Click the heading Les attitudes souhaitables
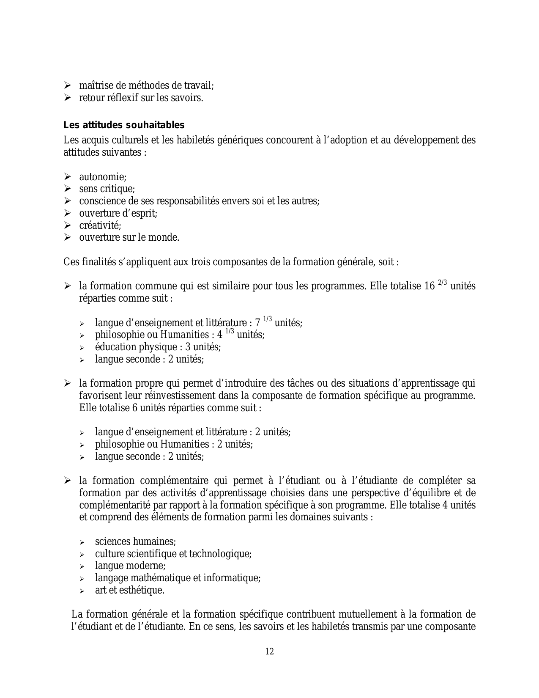point(124,125)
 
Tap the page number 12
point(269,651)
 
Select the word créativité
point(100,225)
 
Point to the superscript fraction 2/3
point(443,283)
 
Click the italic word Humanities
point(184,335)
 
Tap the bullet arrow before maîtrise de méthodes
point(67,86)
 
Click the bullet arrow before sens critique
point(67,189)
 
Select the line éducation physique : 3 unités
point(158,347)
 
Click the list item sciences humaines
point(135,541)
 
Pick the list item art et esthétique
point(129,590)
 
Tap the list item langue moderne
point(130,566)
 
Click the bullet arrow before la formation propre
point(67,384)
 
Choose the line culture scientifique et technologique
point(173,554)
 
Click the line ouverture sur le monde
point(129,238)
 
